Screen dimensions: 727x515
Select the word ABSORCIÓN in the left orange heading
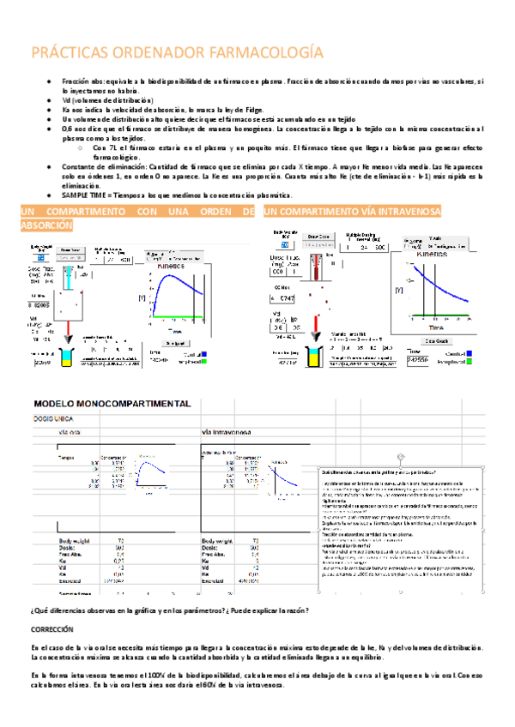46,225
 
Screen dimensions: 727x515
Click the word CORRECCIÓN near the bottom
51,628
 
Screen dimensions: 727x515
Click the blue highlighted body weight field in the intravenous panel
286,245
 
